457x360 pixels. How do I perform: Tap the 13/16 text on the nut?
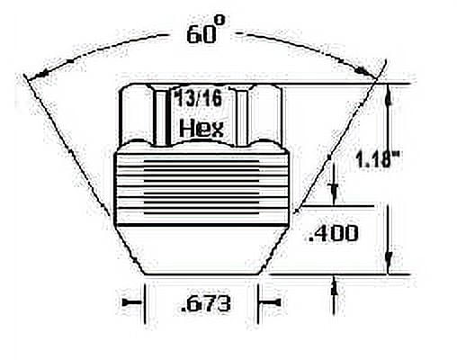pos(198,99)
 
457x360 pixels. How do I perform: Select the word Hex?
pos(202,129)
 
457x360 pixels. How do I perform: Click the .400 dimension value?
pos(334,233)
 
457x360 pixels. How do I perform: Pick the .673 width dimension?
pos(206,303)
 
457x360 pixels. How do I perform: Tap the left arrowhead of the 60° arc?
pos(39,75)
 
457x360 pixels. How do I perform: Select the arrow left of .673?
pos(132,303)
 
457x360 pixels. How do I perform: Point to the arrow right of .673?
pos(271,302)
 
